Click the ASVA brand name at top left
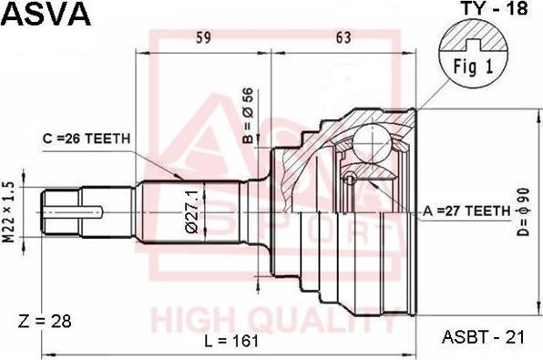(x=46, y=14)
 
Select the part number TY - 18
(x=495, y=8)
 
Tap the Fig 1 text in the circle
(x=473, y=67)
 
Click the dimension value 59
(x=203, y=37)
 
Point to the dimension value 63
(x=343, y=37)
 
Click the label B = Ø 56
(x=249, y=116)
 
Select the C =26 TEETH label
(x=87, y=139)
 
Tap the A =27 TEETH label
(x=466, y=211)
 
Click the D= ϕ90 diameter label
(x=524, y=212)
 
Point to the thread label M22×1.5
(x=9, y=212)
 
